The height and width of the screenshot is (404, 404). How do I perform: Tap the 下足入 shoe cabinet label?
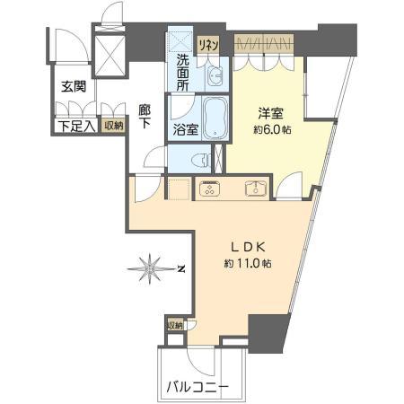point(73,127)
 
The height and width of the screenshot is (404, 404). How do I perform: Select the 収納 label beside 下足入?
point(112,127)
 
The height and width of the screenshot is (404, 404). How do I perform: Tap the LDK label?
point(249,249)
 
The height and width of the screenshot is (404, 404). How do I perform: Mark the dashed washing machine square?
point(181,41)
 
